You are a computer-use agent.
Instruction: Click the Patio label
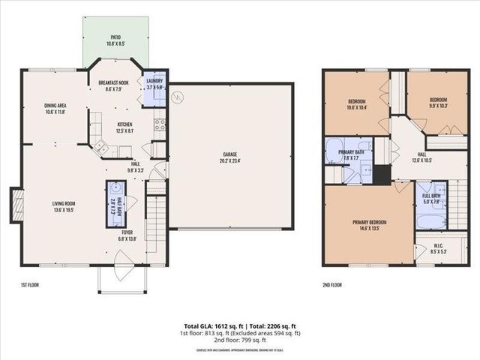tap(115, 37)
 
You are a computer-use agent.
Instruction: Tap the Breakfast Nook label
tap(114, 85)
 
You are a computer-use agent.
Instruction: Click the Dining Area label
tap(55, 106)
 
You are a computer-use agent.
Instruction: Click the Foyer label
tap(127, 232)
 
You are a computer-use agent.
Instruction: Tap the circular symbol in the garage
tap(178, 96)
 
